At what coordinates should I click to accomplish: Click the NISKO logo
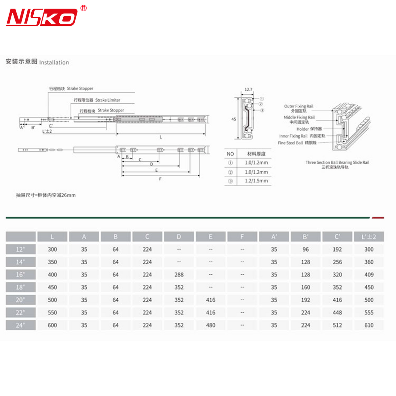[x=42, y=17]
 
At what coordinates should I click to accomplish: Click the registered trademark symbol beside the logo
[x=83, y=8]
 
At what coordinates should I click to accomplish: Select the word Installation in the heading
[x=54, y=62]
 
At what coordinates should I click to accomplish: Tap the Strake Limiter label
[x=108, y=100]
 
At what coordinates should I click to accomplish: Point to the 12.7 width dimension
[x=248, y=89]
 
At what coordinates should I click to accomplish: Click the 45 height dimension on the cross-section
[x=234, y=119]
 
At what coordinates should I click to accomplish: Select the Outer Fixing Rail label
[x=299, y=106]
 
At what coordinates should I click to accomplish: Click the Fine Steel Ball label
[x=290, y=143]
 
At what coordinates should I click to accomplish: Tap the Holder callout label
[x=302, y=129]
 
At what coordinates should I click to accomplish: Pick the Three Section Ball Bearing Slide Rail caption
[x=337, y=162]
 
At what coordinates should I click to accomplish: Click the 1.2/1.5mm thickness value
[x=256, y=181]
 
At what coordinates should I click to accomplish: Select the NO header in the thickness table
[x=230, y=154]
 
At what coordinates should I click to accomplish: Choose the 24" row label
[x=20, y=325]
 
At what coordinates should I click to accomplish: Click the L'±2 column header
[x=369, y=237]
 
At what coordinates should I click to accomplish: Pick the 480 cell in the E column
[x=211, y=325]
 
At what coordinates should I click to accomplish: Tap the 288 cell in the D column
[x=179, y=275]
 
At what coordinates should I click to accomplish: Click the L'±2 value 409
[x=369, y=275]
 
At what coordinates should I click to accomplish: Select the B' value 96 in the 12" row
[x=306, y=249]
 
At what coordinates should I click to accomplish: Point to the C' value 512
[x=337, y=325]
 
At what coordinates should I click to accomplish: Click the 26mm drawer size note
[x=46, y=195]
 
